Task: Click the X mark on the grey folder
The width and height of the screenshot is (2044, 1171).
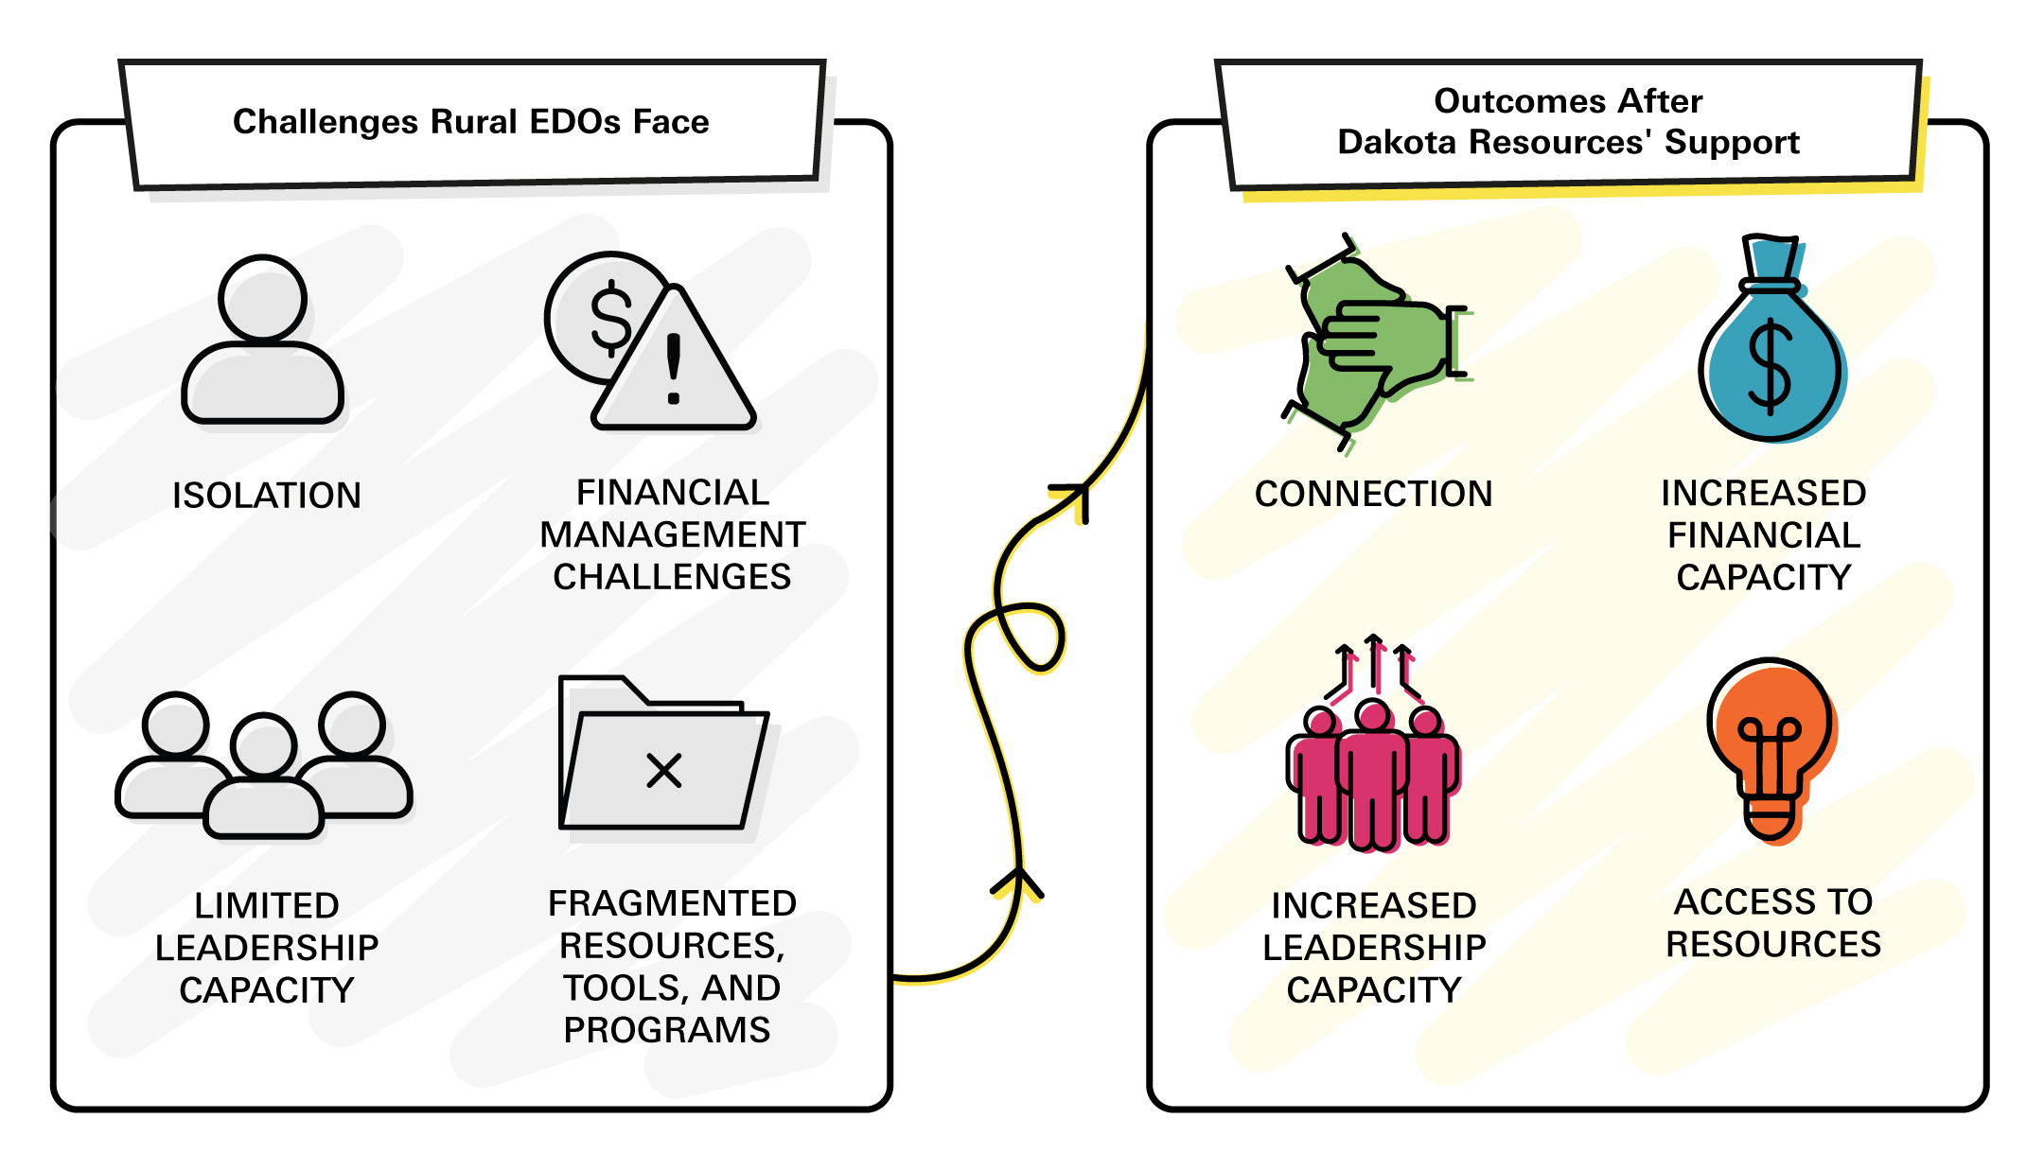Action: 664,770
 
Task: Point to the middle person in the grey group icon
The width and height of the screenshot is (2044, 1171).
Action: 264,776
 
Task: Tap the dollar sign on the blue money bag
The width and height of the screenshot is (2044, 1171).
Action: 1769,369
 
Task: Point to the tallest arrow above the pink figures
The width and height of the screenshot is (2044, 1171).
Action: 1375,662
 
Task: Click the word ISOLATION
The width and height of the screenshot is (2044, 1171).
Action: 267,496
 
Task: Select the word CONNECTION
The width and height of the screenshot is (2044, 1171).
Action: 1374,494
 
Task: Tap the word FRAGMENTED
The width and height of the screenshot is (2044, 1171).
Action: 672,903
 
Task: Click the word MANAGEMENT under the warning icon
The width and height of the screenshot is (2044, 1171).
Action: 673,535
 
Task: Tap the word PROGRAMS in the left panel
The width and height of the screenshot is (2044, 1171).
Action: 667,1030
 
